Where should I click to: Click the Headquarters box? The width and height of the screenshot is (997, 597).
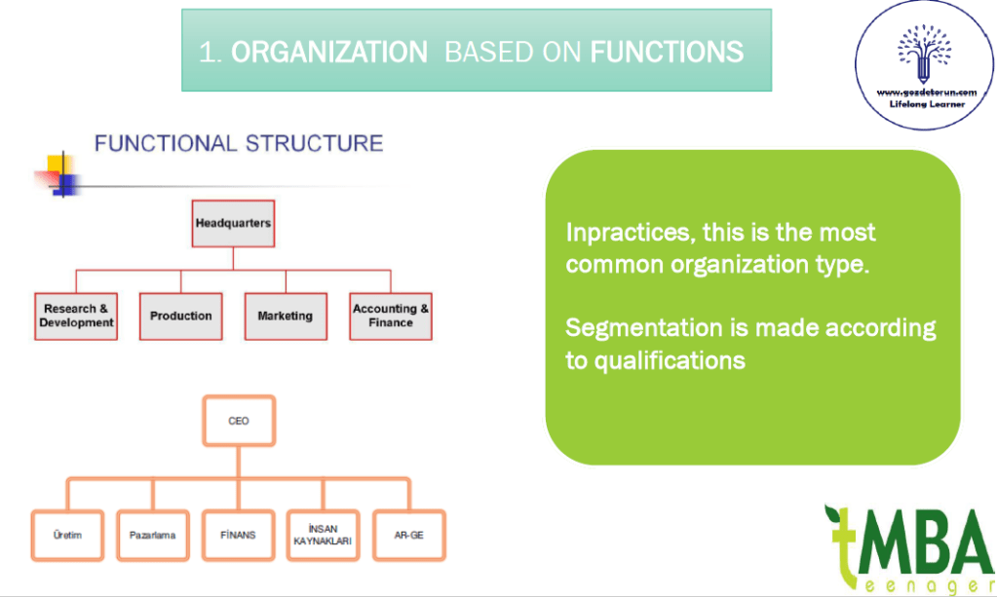(233, 223)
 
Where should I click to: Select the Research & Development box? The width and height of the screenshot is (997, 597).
(76, 316)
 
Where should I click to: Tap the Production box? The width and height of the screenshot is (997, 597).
(181, 316)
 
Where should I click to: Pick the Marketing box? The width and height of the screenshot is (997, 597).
(286, 316)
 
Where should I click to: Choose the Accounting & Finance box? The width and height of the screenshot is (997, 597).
(391, 316)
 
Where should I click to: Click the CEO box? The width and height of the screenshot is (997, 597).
(239, 421)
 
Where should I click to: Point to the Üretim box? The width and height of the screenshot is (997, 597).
(69, 535)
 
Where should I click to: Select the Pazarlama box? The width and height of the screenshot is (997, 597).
(152, 535)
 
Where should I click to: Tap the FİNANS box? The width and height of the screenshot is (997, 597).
(238, 535)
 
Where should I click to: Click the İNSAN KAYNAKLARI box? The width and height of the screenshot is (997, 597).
(323, 535)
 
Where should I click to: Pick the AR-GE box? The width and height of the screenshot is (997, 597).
(408, 535)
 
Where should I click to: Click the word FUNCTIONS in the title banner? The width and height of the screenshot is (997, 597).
(668, 52)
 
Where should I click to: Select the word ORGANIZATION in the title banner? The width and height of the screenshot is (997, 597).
(329, 52)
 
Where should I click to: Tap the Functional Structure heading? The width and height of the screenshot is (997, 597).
(238, 144)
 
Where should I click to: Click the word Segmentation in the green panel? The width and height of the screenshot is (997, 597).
(642, 327)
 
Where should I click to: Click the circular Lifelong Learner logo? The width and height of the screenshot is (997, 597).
(924, 65)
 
